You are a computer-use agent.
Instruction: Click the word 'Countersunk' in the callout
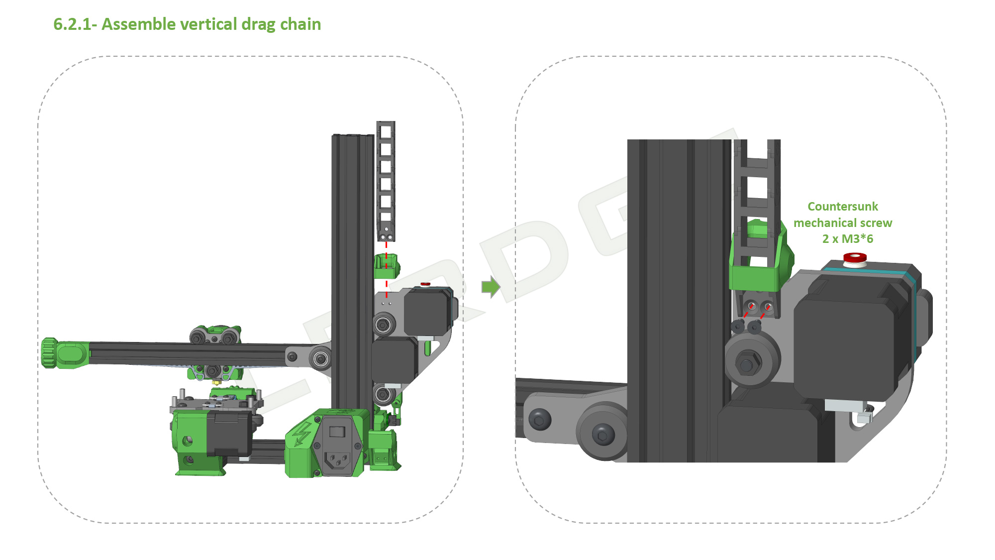(x=842, y=207)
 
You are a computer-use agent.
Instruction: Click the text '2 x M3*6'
(x=847, y=239)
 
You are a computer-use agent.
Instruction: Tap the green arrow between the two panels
(x=491, y=287)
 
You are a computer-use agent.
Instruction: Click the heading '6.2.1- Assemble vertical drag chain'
(x=187, y=24)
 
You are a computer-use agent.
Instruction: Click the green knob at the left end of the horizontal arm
(x=49, y=353)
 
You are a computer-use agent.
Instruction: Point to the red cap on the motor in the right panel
(x=855, y=258)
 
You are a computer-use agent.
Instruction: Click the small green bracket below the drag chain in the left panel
(x=386, y=266)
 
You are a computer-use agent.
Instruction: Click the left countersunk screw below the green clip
(x=738, y=326)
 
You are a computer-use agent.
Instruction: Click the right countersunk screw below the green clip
(x=755, y=327)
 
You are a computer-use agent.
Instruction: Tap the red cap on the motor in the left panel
(x=425, y=284)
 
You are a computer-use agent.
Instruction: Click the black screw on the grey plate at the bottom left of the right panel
(x=540, y=419)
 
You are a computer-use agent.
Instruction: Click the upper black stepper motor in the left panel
(x=427, y=312)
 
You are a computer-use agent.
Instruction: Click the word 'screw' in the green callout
(x=876, y=223)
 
